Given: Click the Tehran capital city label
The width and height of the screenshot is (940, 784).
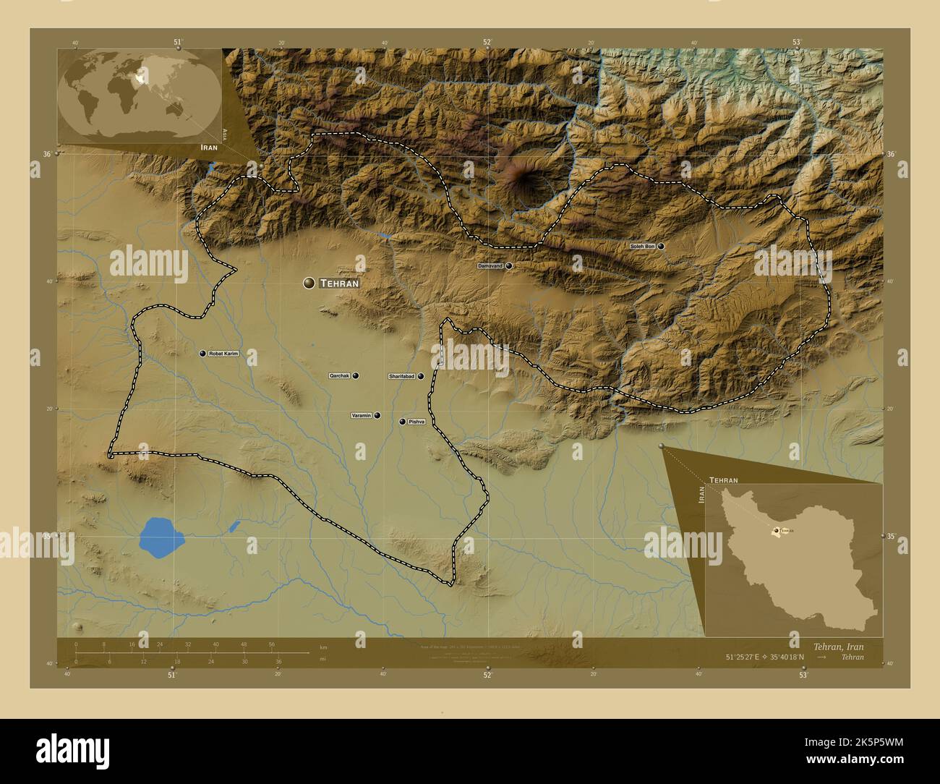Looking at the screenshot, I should pos(338,284).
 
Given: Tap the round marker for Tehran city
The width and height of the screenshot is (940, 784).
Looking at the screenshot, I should pos(309,284).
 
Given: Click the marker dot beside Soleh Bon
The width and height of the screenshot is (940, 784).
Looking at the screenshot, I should pos(661,247).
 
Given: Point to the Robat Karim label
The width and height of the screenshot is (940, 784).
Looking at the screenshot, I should pos(223,354).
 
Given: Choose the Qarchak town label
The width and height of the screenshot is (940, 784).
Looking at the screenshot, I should pos(339,376).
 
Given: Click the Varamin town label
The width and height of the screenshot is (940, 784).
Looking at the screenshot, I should pos(361,416).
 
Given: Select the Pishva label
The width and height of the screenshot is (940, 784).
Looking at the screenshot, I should pos(416,422).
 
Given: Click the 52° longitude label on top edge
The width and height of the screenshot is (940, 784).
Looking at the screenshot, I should pos(487,42).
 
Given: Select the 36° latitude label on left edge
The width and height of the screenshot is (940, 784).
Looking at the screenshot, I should pos(47,154).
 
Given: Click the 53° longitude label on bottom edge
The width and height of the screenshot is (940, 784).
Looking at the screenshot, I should pos(803,676).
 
